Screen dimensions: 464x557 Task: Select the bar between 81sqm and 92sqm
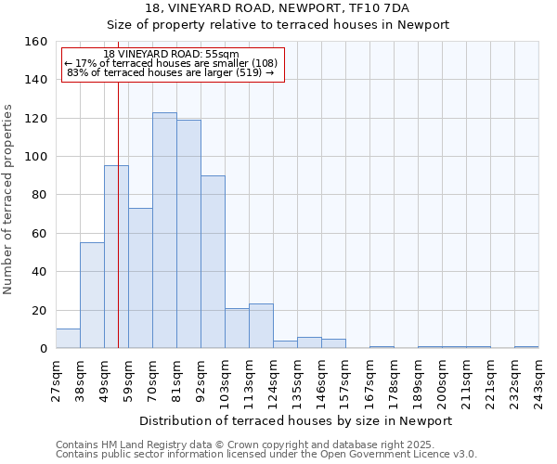tap(188, 234)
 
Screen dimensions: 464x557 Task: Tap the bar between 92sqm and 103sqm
tap(213, 262)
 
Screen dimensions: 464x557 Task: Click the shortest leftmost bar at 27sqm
tap(68, 339)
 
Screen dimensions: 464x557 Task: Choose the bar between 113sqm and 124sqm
tap(261, 326)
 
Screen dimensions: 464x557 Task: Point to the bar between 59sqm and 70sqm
tap(140, 278)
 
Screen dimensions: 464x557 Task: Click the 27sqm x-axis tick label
tap(57, 379)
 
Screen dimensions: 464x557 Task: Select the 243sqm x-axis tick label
tap(539, 379)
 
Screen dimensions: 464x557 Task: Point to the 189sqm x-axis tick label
tap(419, 379)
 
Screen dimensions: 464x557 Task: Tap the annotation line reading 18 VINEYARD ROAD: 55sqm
tap(171, 55)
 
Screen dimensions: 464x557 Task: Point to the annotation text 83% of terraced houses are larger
tap(171, 72)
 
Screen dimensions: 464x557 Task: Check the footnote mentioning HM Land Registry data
tap(266, 445)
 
